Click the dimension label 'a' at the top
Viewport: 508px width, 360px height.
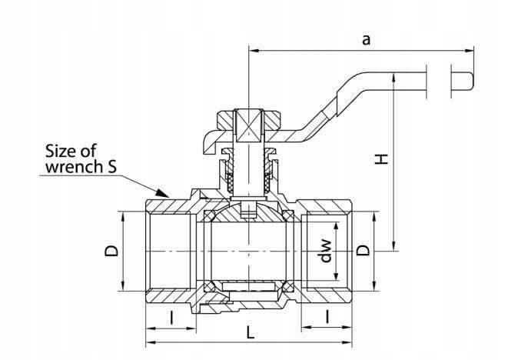(x=366, y=40)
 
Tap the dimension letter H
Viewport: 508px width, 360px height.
(x=382, y=159)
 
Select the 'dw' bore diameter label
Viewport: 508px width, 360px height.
(x=326, y=250)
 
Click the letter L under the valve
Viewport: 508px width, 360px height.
(x=250, y=332)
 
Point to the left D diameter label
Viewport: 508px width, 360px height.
(x=111, y=250)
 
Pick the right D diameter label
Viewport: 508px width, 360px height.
(x=363, y=250)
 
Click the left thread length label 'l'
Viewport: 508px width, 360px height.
(x=171, y=317)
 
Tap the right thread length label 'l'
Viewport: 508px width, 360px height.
(x=327, y=317)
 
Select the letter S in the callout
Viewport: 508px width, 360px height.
(x=111, y=167)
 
